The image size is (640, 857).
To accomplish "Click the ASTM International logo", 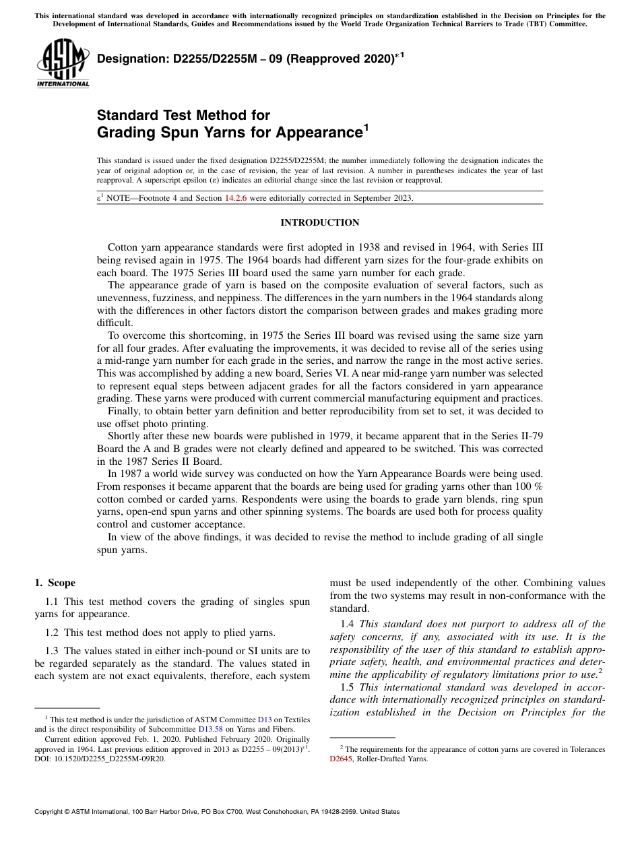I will click(63, 64).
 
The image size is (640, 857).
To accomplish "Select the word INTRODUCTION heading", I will click(319, 223).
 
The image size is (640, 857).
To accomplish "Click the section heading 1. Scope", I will click(55, 583).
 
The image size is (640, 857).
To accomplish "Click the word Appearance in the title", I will click(317, 132).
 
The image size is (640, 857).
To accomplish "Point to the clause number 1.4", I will click(348, 624).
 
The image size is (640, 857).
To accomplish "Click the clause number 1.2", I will click(52, 633).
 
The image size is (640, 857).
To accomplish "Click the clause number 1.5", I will click(348, 687).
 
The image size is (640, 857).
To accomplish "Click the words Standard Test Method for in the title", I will click(183, 115).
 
